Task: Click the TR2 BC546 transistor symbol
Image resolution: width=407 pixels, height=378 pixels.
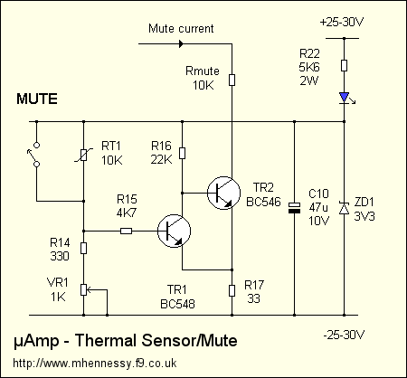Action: coord(222,192)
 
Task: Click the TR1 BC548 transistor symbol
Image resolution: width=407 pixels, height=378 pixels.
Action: coord(172,232)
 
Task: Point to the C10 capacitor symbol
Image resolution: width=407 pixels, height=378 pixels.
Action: coord(294,209)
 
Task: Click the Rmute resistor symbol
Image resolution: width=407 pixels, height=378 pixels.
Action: coord(232,80)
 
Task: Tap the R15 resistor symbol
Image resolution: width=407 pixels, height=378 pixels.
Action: coord(126,232)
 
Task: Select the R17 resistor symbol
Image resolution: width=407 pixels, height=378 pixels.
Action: coord(232,289)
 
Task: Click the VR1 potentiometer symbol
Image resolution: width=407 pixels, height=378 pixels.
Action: coord(83,290)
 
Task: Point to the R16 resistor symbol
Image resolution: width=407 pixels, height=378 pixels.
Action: coord(182,154)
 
